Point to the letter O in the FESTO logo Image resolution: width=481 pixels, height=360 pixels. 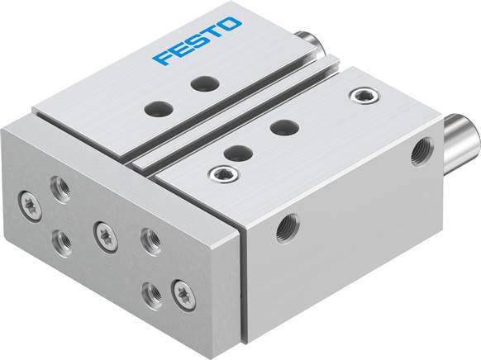pyautogui.click(x=233, y=27)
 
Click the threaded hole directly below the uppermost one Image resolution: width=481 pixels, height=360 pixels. pyautogui.click(x=63, y=239)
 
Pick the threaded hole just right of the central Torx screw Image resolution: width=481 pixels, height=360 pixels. pyautogui.click(x=149, y=239)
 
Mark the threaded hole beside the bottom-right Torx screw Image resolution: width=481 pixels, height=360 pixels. pyautogui.click(x=151, y=290)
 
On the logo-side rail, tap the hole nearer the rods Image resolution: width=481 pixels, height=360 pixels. pyautogui.click(x=200, y=83)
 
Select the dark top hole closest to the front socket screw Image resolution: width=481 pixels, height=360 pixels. pyautogui.click(x=238, y=152)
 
